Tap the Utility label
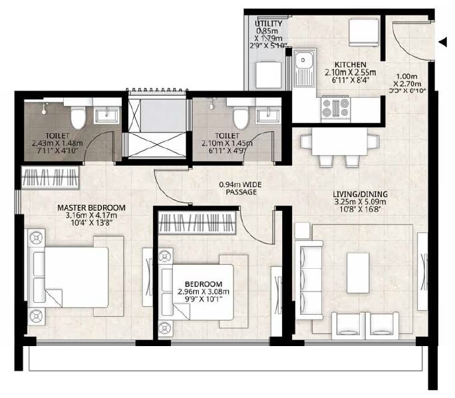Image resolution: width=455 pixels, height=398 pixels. click(x=269, y=24)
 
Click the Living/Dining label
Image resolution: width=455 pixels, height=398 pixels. click(x=360, y=194)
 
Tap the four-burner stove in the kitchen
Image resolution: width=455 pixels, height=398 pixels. click(x=335, y=107)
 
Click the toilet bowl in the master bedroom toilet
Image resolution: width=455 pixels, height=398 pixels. click(x=77, y=116)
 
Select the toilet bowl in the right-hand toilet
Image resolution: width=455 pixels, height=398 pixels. click(x=240, y=115)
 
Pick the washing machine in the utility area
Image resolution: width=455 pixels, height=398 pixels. click(x=269, y=74)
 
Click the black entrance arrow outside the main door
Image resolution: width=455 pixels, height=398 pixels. click(x=443, y=43)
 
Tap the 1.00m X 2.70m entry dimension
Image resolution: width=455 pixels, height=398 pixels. click(x=408, y=84)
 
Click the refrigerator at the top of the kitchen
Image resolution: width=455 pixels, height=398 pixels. click(x=364, y=31)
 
